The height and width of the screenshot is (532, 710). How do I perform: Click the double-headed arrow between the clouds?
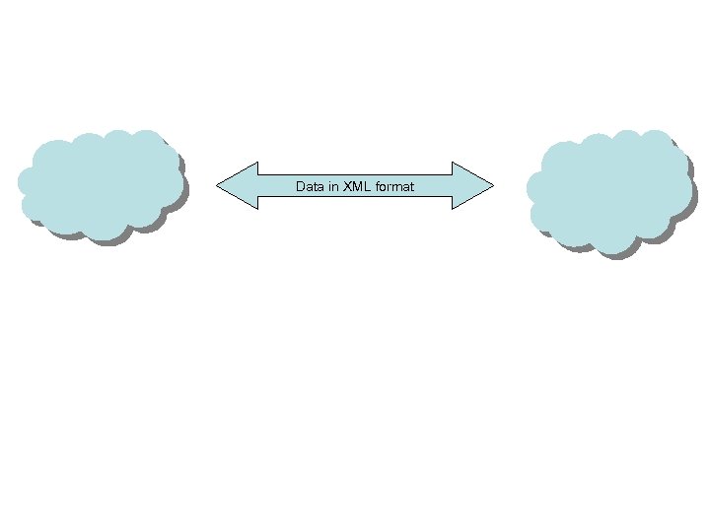354,185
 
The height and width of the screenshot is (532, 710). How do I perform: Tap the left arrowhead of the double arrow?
238,185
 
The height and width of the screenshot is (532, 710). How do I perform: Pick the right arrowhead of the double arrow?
471,185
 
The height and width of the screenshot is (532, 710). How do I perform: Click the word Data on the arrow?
308,186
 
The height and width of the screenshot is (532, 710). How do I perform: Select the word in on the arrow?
331,186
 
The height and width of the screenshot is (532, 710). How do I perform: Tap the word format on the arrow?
393,186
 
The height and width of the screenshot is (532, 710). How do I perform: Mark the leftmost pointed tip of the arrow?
216,185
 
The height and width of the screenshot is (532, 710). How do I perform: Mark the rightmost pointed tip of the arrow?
493,185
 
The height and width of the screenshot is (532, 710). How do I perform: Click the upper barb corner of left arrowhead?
256,162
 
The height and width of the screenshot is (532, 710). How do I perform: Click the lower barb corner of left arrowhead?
256,209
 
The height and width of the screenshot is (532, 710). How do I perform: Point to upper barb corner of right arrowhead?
453,162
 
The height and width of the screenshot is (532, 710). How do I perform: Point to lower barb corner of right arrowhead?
453,209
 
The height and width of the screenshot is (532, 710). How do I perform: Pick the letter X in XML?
347,186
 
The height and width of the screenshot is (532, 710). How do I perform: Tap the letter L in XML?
367,186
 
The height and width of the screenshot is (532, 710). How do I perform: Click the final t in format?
412,186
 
